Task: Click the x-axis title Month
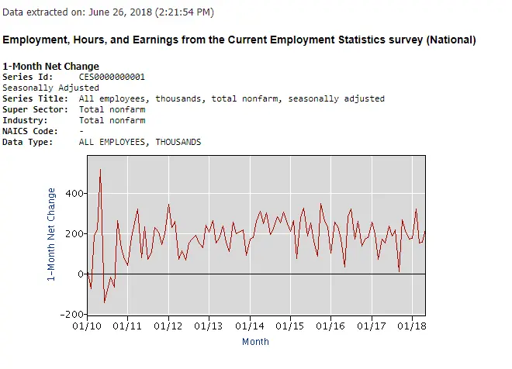[255, 341]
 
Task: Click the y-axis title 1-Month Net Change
[52, 233]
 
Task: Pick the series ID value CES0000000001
[112, 77]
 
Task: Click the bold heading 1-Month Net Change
[50, 67]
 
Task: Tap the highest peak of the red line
[100, 169]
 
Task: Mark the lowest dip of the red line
[105, 302]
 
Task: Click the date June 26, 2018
[122, 12]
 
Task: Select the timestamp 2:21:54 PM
[184, 12]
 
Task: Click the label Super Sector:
[35, 109]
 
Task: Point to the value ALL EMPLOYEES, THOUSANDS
[140, 142]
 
